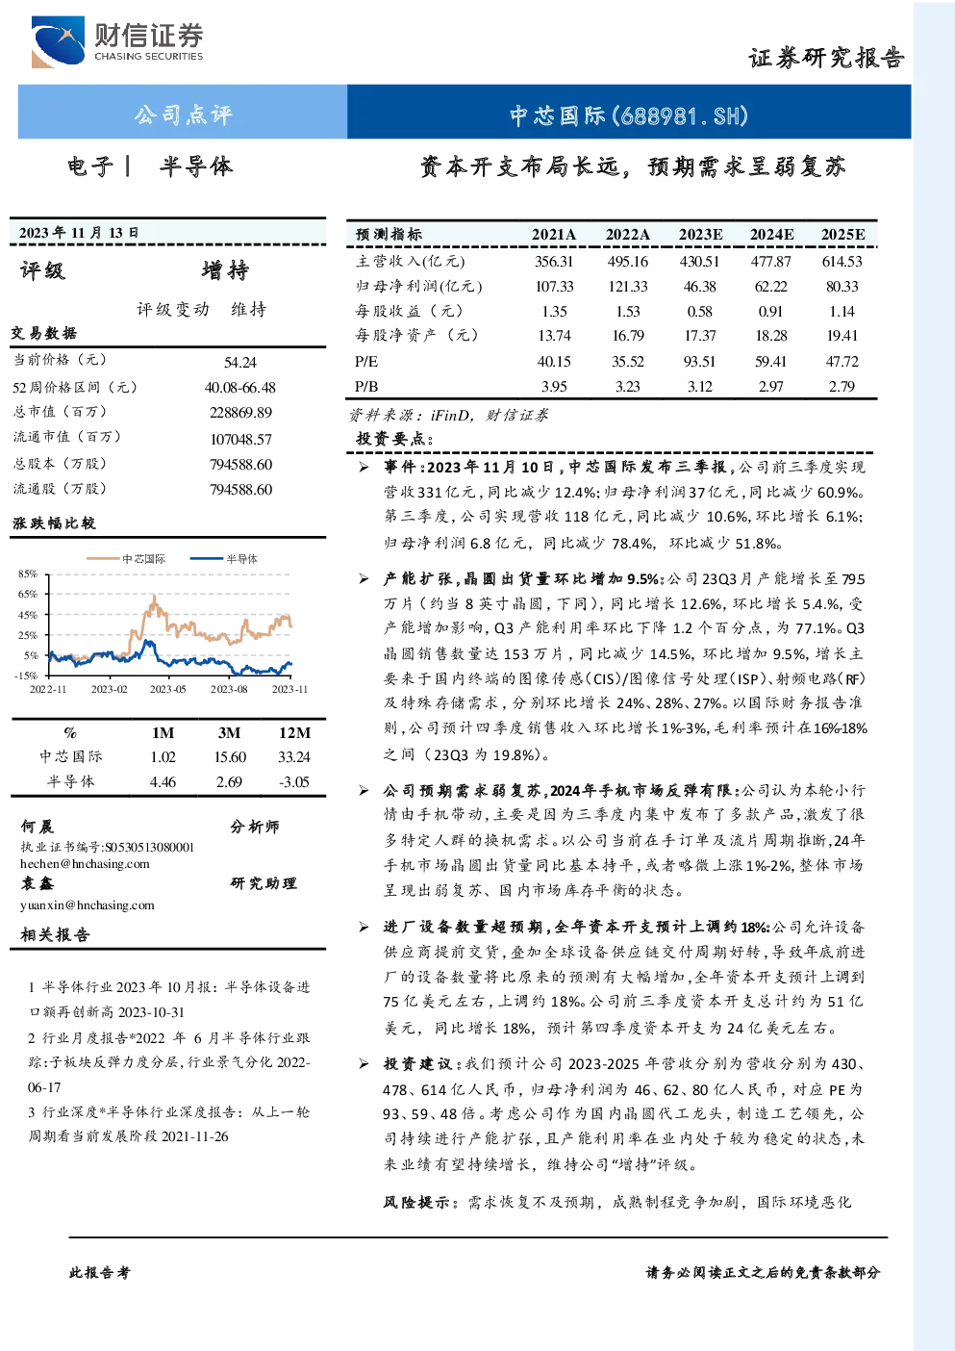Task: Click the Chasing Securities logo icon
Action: [x=58, y=41]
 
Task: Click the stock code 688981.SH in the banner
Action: [x=680, y=115]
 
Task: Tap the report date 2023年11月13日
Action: [x=78, y=233]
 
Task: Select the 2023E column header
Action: [x=700, y=235]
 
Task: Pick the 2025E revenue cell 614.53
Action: [x=842, y=261]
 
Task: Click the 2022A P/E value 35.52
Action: [x=628, y=361]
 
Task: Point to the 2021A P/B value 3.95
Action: [x=553, y=386]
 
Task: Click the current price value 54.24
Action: [x=240, y=362]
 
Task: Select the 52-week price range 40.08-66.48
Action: [x=240, y=387]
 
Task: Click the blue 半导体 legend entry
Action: [x=224, y=558]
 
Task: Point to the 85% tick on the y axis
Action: [x=28, y=574]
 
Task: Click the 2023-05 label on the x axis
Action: [x=168, y=689]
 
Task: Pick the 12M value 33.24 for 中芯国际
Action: [x=293, y=756]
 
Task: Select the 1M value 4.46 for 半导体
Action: [x=163, y=781]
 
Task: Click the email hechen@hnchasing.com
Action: [x=85, y=864]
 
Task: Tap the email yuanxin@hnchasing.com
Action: [x=88, y=905]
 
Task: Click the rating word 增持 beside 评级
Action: [x=225, y=269]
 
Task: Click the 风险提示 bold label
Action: [x=416, y=1202]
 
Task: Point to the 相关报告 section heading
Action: [x=55, y=935]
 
